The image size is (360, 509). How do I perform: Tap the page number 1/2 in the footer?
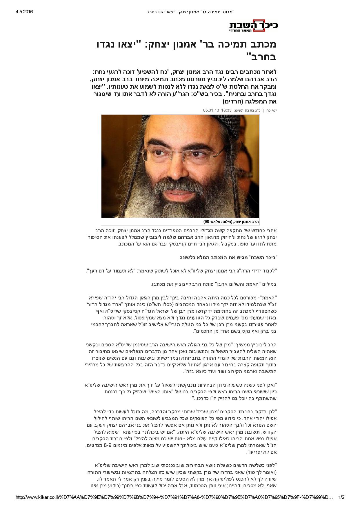pyautogui.click(x=341, y=497)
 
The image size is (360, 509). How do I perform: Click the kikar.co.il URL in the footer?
pyautogui.click(x=174, y=497)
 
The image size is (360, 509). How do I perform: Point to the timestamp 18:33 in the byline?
pyautogui.click(x=226, y=110)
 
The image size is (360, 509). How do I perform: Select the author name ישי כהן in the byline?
pyautogui.click(x=272, y=110)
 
